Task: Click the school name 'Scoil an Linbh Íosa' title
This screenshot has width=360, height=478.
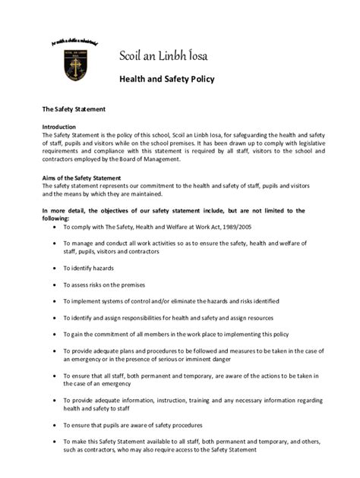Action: (172, 55)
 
